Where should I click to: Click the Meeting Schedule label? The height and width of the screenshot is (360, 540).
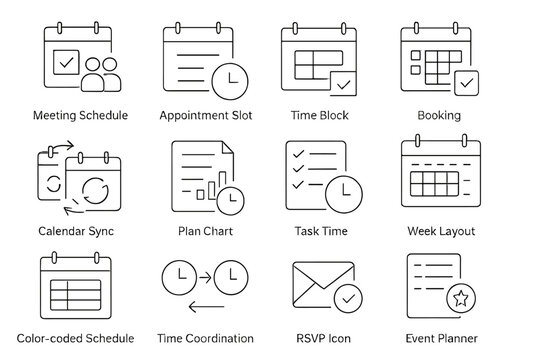(x=80, y=115)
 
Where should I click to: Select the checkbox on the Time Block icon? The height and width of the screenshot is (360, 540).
(x=343, y=82)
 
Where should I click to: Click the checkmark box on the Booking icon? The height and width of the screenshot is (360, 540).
(x=466, y=82)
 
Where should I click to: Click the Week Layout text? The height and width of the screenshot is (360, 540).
(x=441, y=231)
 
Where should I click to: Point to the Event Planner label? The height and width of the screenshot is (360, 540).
(x=441, y=338)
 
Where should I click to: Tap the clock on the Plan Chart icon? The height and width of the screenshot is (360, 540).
(x=230, y=199)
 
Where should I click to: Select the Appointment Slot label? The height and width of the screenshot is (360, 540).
(x=206, y=115)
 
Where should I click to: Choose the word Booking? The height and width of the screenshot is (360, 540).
(x=440, y=115)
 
